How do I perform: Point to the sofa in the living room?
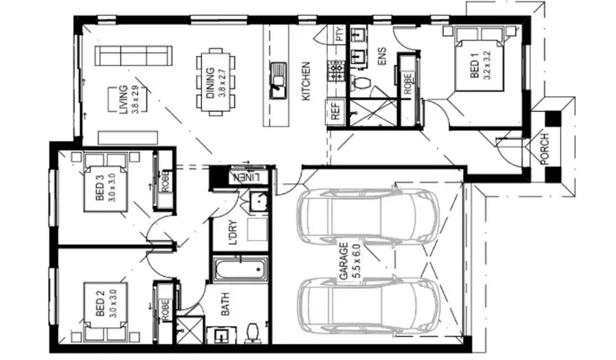[132, 56]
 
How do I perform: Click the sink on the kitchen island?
[277, 80]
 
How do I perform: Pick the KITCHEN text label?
[306, 81]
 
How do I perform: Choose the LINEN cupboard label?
[251, 177]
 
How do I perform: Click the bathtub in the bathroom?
[241, 270]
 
